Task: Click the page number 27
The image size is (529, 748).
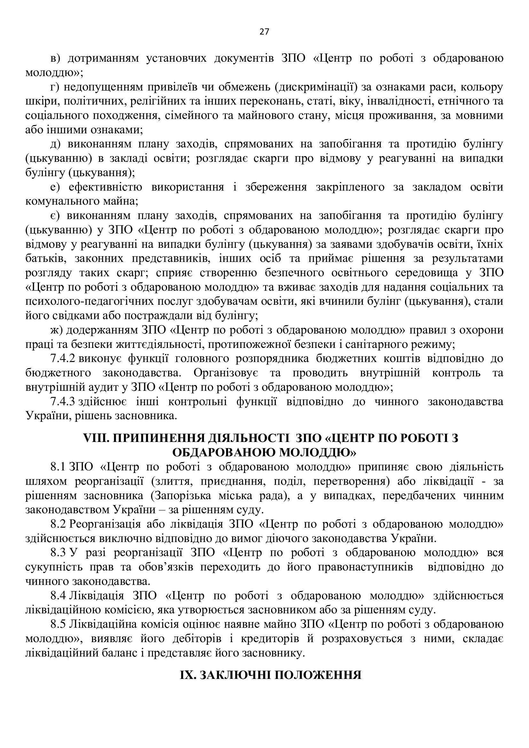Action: [x=264, y=32]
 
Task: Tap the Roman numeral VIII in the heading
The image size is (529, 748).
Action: [x=93, y=438]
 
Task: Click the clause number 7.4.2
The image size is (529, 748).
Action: [x=63, y=358]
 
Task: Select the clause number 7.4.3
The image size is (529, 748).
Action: [x=63, y=401]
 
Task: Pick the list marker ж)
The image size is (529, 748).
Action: [x=56, y=330]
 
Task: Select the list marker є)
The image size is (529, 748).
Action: [x=56, y=215]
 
